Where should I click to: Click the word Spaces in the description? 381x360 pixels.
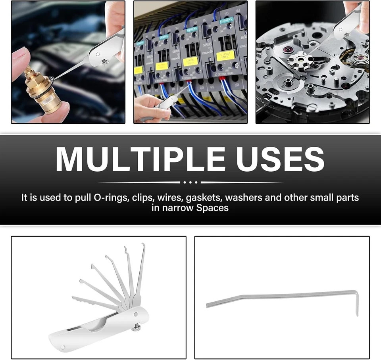(212, 208)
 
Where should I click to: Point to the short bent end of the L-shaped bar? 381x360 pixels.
(356, 303)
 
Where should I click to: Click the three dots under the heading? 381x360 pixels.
(190, 182)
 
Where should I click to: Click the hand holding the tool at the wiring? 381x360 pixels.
(149, 107)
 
